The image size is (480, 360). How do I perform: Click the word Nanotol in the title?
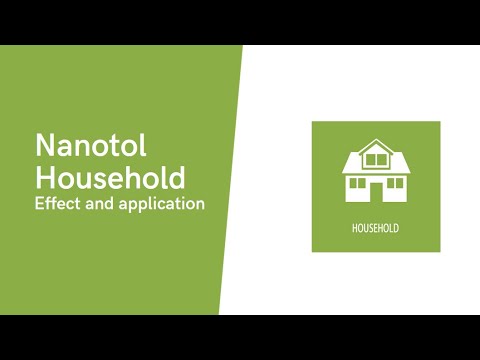click(x=91, y=146)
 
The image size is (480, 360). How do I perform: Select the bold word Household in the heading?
click(x=110, y=178)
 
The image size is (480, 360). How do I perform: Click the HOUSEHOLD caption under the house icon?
click(x=375, y=229)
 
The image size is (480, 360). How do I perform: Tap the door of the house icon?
click(x=376, y=191)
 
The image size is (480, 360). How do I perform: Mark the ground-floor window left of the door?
click(x=356, y=183)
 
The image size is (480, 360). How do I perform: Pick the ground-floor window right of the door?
click(x=396, y=183)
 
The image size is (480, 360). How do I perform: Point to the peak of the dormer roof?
click(x=376, y=141)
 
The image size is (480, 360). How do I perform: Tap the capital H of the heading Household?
click(x=45, y=178)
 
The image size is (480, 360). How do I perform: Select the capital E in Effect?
click(x=40, y=203)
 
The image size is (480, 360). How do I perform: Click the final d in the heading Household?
click(x=176, y=178)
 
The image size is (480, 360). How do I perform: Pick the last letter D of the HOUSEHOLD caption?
click(x=396, y=229)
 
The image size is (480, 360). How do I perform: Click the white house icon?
click(x=376, y=172)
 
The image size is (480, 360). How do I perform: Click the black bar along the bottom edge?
click(x=240, y=337)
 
